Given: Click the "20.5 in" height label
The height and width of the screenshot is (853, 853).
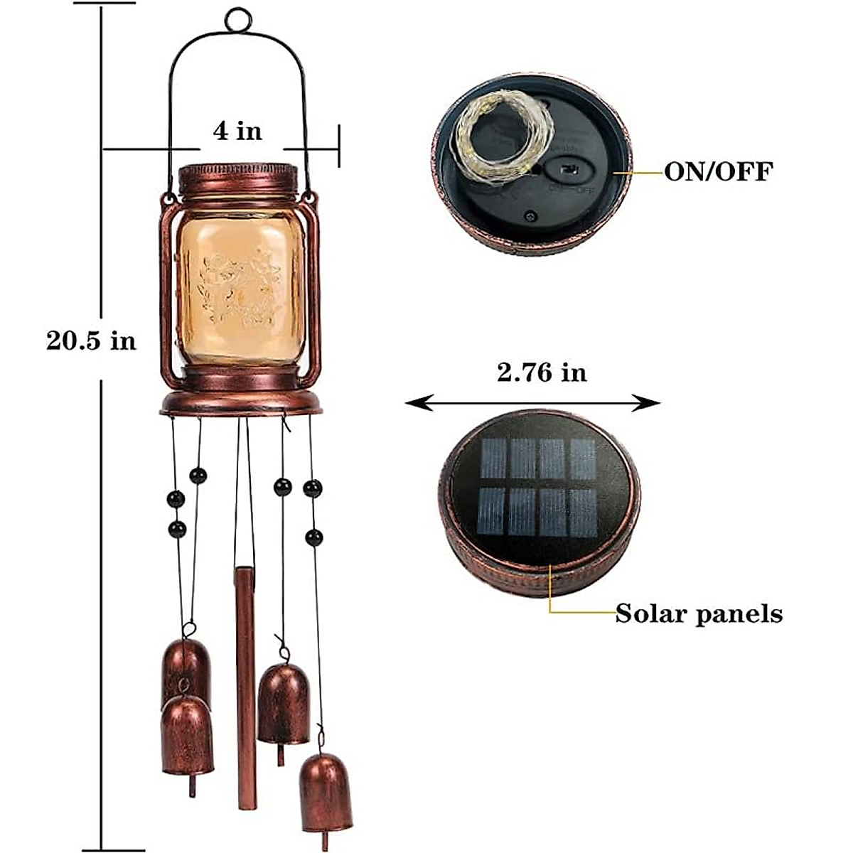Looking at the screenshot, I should click(91, 340).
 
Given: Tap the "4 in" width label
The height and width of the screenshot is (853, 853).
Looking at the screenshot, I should click(237, 131).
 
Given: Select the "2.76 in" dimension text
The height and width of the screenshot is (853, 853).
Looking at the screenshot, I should click(542, 372).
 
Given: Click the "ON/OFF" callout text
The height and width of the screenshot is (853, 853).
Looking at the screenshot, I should click(718, 172).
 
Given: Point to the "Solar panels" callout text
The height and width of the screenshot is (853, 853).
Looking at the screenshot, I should click(699, 613).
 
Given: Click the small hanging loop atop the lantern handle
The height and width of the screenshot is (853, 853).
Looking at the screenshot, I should click(238, 19).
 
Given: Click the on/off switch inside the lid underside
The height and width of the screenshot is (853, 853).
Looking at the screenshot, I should click(568, 171).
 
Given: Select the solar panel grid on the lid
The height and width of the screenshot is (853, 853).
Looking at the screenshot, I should click(538, 487).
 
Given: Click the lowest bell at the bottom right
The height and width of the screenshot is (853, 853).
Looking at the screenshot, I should click(326, 791).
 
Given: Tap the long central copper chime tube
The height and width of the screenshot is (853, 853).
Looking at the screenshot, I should click(245, 686).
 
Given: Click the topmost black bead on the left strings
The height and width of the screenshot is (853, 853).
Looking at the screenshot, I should click(198, 475).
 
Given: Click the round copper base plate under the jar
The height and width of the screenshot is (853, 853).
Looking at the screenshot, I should click(240, 404).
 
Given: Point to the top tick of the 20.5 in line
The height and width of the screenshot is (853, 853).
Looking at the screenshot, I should click(104, 4).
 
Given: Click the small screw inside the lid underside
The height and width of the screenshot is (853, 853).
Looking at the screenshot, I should click(530, 214).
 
